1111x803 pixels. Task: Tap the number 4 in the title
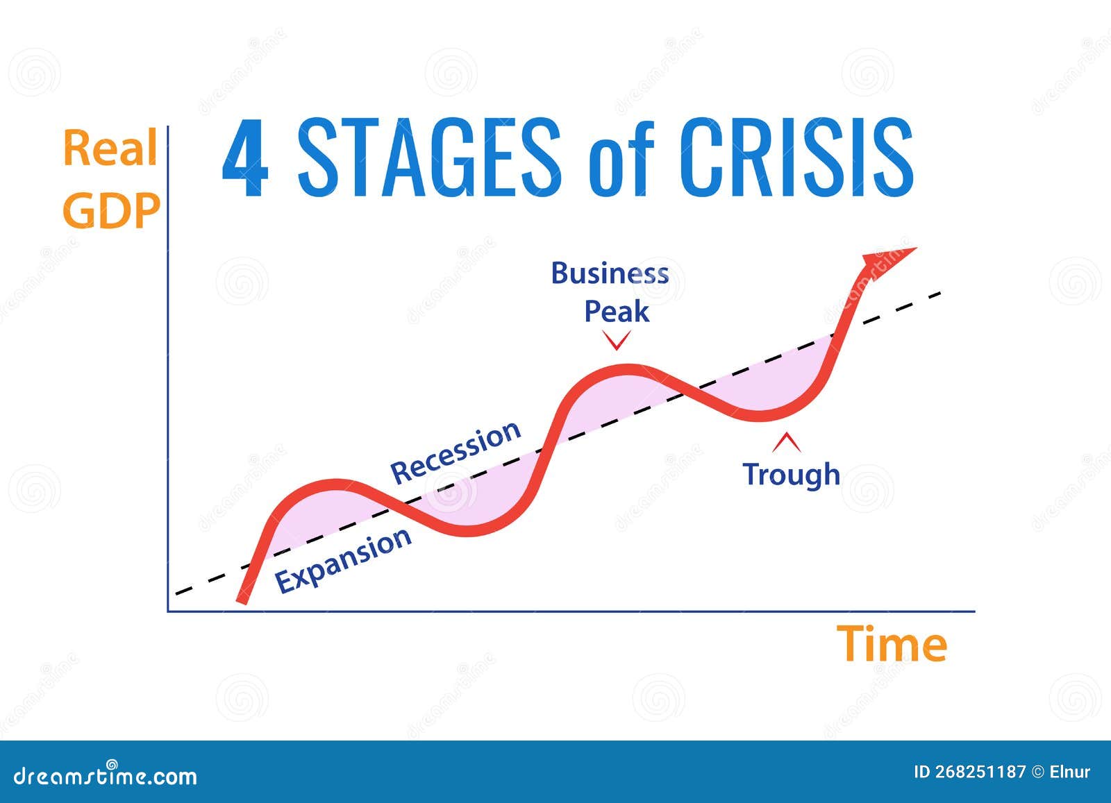[245, 158]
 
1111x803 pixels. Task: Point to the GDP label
[111, 210]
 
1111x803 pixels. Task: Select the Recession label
[455, 452]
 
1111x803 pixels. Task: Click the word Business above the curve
[610, 273]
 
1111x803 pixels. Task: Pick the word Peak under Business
[617, 312]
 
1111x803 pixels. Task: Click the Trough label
[792, 474]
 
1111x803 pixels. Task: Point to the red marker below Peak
[617, 340]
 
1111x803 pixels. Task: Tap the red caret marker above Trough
[787, 441]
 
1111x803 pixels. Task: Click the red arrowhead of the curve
[889, 261]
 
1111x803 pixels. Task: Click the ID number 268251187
[980, 772]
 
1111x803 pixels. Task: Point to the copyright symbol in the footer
[1037, 772]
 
